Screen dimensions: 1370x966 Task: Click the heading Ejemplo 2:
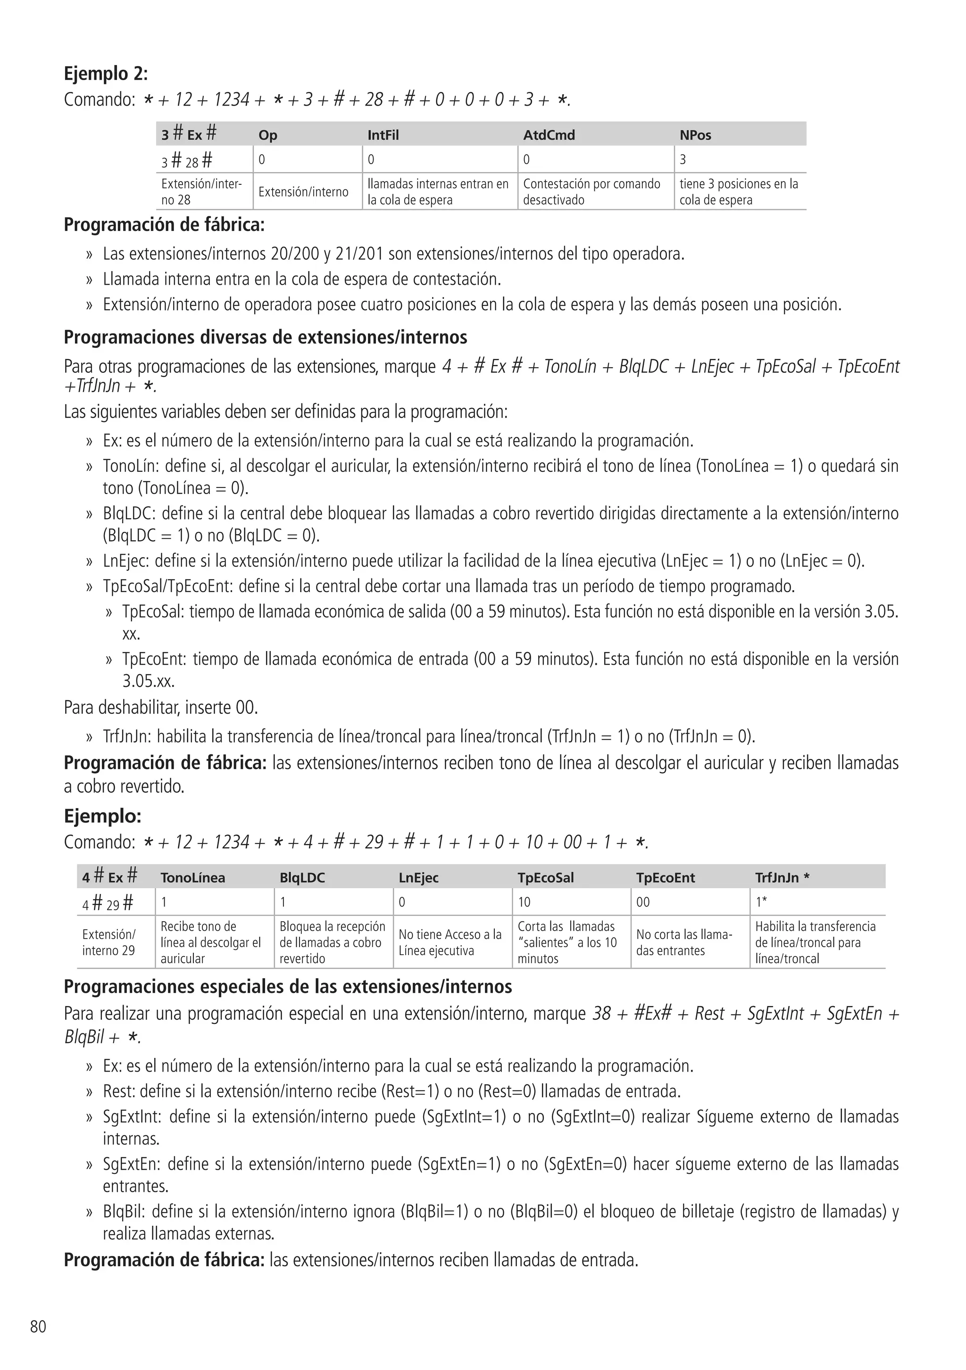pyautogui.click(x=106, y=74)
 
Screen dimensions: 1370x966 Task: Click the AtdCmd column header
pyautogui.click(x=549, y=135)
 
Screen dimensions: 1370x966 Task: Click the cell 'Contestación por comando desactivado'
pyautogui.click(x=591, y=191)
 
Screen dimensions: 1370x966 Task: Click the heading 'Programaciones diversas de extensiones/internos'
pyautogui.click(x=265, y=337)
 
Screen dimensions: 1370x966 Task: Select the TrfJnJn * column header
pyautogui.click(x=782, y=877)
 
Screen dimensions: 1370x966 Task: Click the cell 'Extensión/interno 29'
pyautogui.click(x=108, y=942)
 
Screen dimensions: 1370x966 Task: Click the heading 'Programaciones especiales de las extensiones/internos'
pyautogui.click(x=288, y=986)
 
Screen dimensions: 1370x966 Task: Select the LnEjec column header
pyautogui.click(x=418, y=877)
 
